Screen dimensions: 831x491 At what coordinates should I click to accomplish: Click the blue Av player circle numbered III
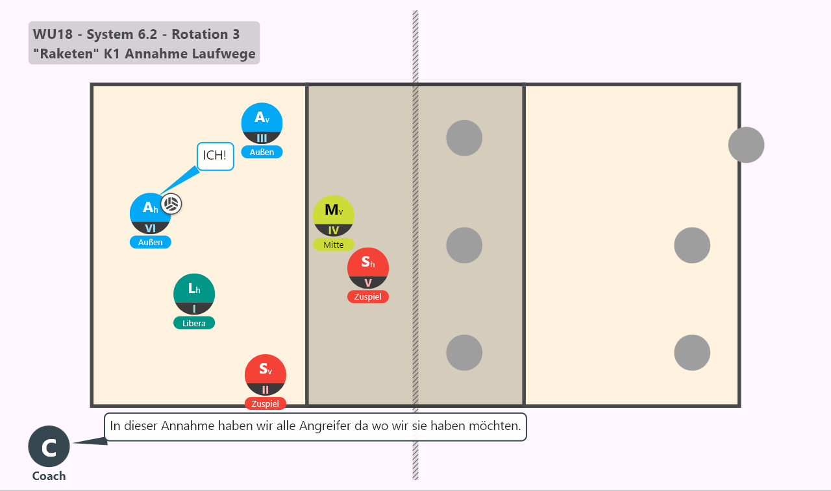pos(262,123)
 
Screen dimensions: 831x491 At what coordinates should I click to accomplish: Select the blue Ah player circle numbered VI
pos(150,214)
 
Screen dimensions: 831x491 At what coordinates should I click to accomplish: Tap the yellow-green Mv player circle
pos(333,216)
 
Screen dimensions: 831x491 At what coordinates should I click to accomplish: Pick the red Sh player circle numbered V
pos(367,268)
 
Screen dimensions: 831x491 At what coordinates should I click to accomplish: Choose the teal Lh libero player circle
pos(193,294)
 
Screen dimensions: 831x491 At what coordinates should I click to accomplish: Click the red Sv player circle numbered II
pos(266,375)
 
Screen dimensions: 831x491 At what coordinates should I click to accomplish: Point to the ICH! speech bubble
pos(215,156)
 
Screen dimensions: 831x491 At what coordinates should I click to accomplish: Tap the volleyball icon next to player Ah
pos(171,204)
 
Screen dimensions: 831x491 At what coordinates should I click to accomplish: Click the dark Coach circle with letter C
pos(49,446)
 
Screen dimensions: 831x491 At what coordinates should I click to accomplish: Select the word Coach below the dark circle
pos(49,476)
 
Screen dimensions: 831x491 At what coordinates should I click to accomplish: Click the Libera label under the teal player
pos(193,323)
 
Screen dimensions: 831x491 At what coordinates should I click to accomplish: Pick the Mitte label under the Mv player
pos(333,245)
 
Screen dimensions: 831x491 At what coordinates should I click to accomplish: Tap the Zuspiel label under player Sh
pos(367,296)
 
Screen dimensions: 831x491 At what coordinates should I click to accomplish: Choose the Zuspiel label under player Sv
pos(266,403)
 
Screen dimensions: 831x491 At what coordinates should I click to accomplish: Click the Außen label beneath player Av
pos(262,152)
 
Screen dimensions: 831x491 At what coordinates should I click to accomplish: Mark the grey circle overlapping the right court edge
pos(746,145)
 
